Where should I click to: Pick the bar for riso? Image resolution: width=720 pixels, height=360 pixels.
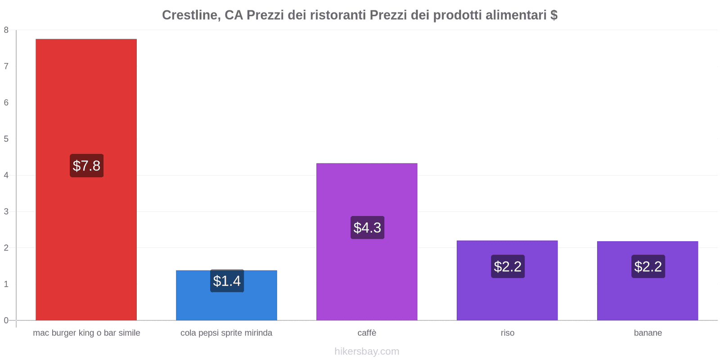click(x=507, y=297)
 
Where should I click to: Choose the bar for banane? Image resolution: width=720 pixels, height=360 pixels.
click(x=648, y=297)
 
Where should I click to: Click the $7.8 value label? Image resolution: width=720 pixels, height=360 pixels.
click(x=86, y=166)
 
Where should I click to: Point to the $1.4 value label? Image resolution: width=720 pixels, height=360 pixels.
click(x=227, y=281)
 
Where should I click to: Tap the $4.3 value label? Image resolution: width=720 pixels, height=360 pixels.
click(x=367, y=228)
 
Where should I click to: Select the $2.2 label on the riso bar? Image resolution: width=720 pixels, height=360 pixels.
click(x=508, y=266)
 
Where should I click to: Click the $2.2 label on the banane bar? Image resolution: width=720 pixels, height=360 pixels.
click(x=648, y=266)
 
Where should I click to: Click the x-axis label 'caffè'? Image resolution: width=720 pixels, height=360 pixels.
click(x=367, y=333)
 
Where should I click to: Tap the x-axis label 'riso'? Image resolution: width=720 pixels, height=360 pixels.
click(x=507, y=333)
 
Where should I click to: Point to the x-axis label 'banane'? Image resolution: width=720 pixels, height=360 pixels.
click(x=648, y=333)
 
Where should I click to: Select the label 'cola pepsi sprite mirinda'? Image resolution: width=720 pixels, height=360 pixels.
click(x=226, y=333)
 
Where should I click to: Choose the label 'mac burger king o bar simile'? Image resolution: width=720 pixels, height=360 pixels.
click(x=86, y=333)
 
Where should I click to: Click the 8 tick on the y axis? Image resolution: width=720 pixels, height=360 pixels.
click(x=6, y=30)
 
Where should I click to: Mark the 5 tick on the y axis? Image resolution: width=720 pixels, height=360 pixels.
click(x=6, y=139)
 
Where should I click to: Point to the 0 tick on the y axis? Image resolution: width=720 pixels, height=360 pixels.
click(x=6, y=320)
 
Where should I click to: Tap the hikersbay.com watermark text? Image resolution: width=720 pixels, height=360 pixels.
click(x=367, y=351)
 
